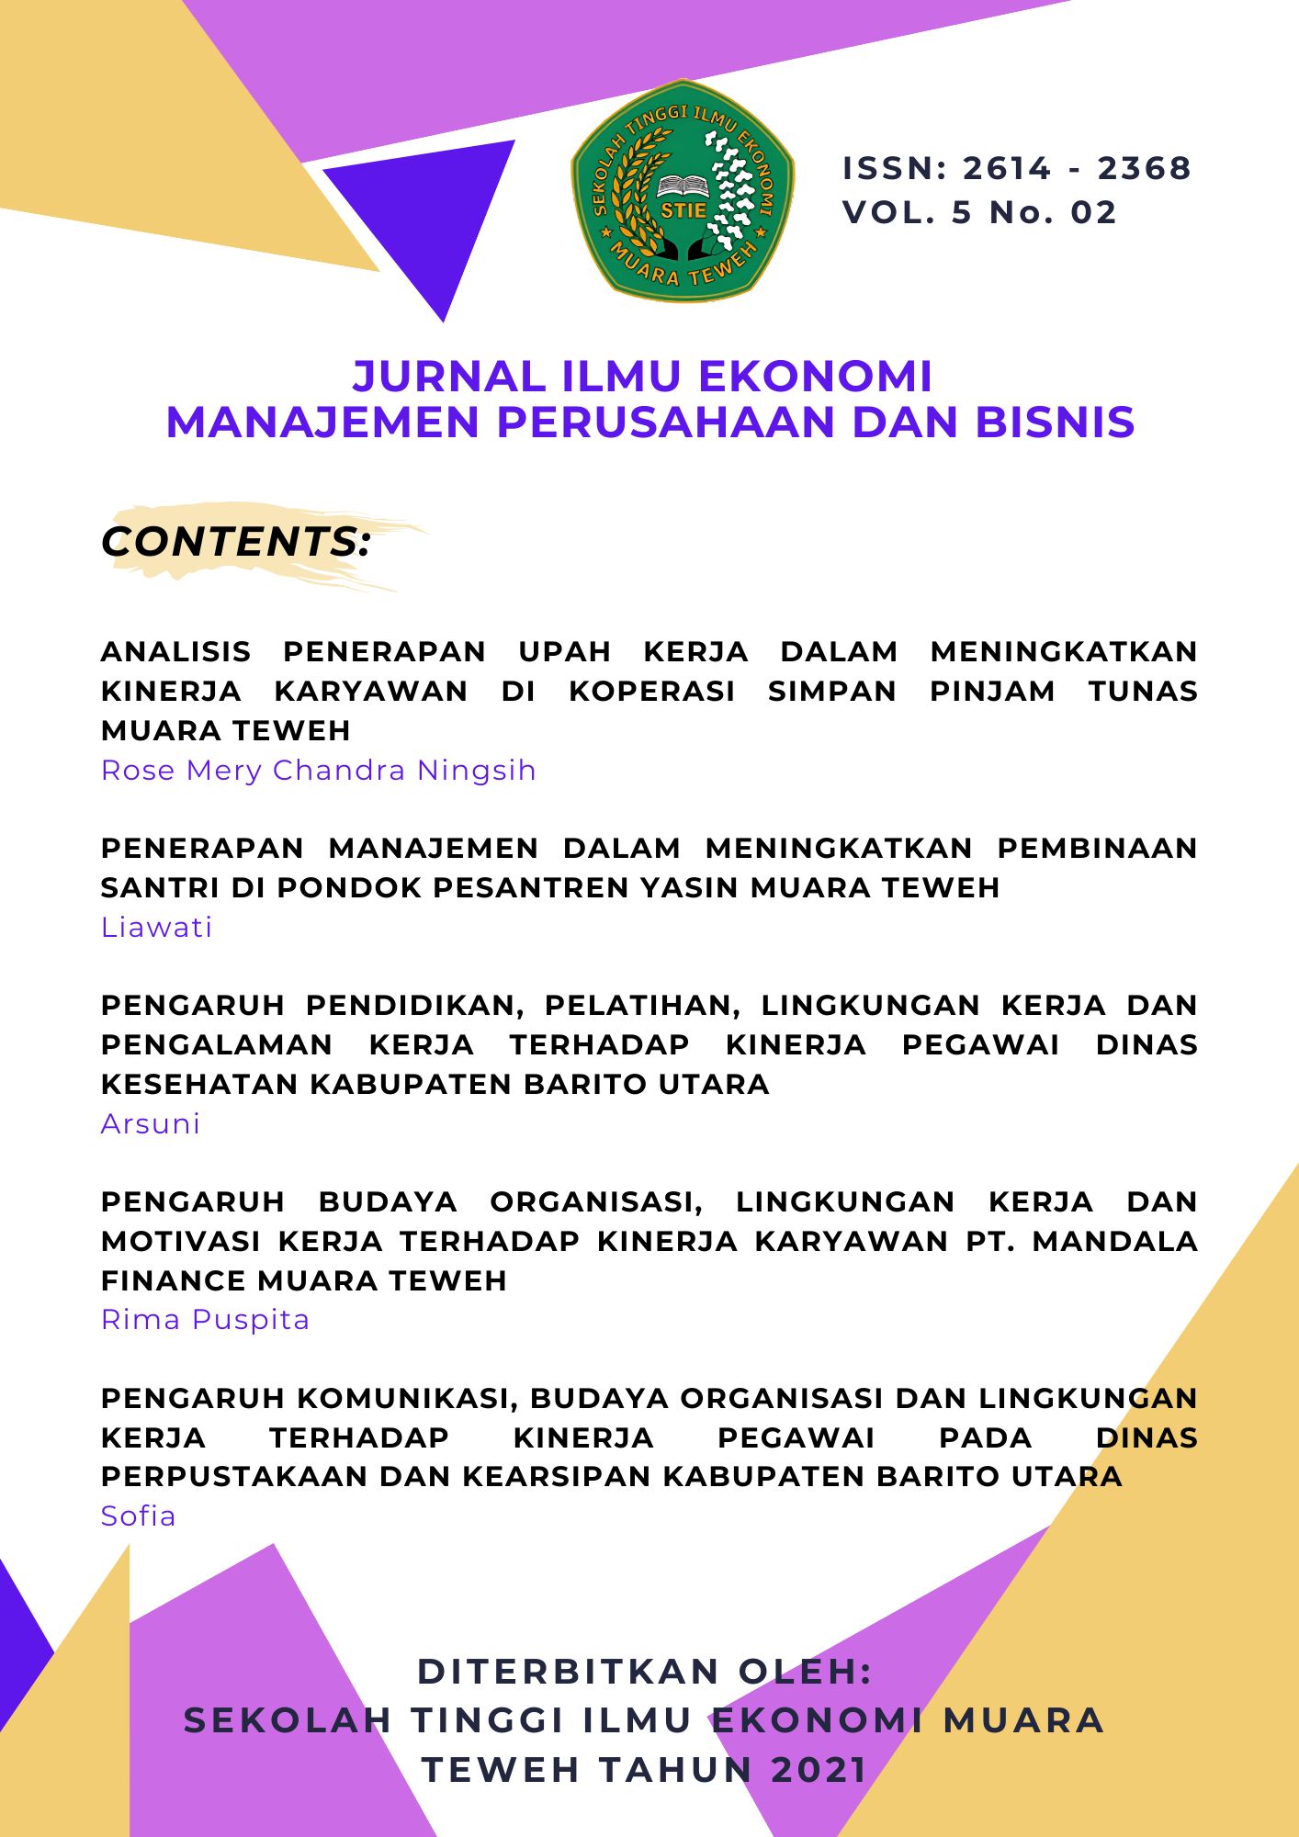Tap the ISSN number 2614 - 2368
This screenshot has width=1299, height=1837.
click(x=1076, y=168)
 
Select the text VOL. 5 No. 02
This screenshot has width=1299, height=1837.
click(x=979, y=212)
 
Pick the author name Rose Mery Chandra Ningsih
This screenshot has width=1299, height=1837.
click(x=318, y=770)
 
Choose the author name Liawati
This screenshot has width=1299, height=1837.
click(x=156, y=927)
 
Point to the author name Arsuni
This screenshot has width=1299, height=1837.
click(x=151, y=1123)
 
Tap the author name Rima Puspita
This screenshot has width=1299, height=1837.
click(x=205, y=1320)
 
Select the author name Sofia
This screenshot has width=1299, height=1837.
click(x=138, y=1516)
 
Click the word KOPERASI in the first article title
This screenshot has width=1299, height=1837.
click(x=652, y=691)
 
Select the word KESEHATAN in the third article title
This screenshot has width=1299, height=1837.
click(x=199, y=1084)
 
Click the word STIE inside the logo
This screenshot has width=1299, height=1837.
click(x=683, y=209)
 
